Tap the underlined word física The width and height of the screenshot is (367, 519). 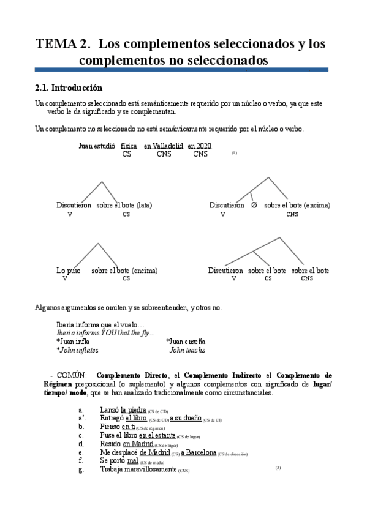(129, 146)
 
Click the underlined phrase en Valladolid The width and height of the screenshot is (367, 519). (164, 146)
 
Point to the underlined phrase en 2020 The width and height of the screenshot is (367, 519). (200, 146)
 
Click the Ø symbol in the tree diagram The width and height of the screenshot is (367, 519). (254, 206)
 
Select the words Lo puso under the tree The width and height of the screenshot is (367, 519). (69, 270)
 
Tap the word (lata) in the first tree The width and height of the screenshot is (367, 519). (144, 206)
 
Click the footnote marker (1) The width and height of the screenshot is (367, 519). (234, 153)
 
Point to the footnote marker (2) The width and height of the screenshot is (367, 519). (278, 468)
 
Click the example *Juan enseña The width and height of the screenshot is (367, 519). (186, 341)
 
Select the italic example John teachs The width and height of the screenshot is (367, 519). (187, 350)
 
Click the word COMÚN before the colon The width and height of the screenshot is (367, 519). (71, 375)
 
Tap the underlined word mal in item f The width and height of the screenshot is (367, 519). (133, 461)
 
